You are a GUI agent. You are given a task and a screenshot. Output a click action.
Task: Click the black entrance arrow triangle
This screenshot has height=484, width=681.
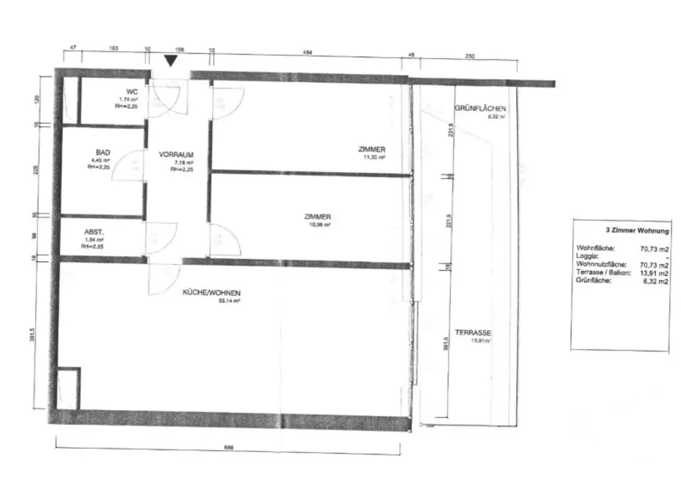(172, 60)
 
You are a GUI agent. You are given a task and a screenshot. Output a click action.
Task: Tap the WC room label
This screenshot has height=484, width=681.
(132, 92)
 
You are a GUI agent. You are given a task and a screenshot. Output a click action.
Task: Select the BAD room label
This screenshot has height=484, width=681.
(102, 153)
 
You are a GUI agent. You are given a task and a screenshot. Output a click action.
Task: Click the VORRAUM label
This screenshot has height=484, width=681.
(176, 154)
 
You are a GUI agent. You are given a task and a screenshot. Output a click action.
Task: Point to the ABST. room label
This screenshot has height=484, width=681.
(93, 232)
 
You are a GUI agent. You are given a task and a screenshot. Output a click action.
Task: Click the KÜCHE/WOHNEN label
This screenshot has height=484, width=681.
(212, 293)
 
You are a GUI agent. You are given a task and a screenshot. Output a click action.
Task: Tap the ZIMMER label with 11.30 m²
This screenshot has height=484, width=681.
(371, 150)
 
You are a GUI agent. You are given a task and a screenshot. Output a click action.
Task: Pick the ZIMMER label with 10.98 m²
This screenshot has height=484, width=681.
(317, 217)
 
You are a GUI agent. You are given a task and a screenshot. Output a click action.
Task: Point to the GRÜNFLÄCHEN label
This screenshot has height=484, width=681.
(481, 108)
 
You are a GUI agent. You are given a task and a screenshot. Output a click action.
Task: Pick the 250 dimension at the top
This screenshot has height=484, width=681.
(470, 57)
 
